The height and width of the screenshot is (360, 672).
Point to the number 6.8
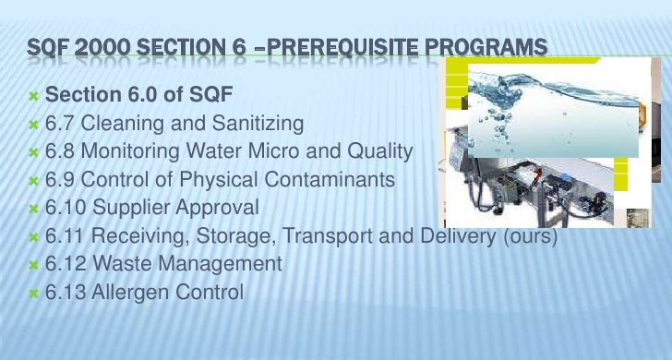coord(61,150)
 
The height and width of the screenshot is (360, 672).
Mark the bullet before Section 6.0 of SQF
coord(33,95)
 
